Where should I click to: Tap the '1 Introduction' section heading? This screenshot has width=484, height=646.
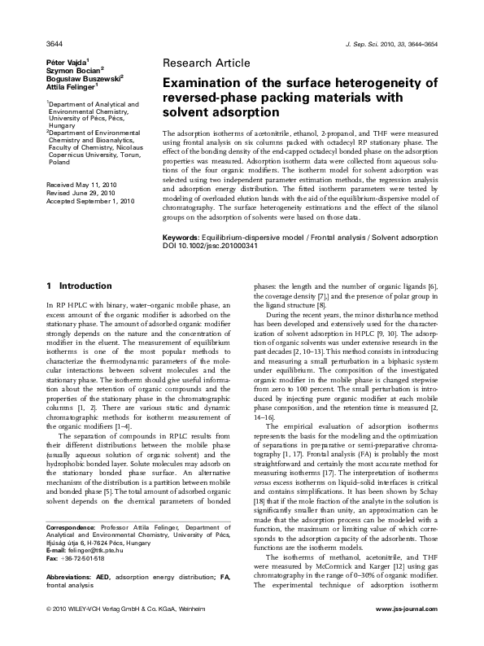79,286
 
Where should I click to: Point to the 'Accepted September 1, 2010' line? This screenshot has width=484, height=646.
90,201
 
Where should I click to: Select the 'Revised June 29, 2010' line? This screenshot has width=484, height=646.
81,193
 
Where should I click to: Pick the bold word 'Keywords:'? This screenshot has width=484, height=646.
184,235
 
